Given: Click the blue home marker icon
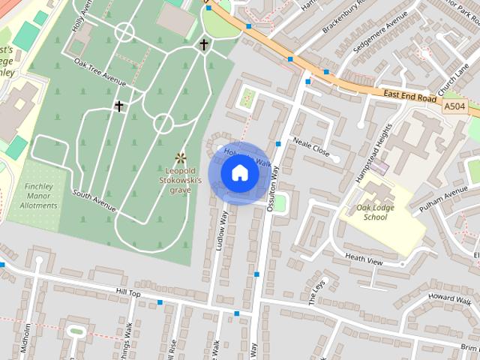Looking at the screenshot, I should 239,172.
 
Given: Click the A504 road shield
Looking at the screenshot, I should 454,107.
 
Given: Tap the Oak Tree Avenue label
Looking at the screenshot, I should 100,72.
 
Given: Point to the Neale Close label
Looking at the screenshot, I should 311,146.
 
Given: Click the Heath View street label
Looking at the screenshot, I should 364,261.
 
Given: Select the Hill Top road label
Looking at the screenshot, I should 128,293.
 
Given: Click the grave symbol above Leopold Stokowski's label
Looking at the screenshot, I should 180,157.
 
